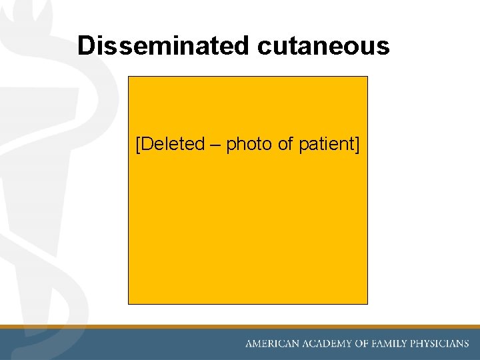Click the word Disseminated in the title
(164, 45)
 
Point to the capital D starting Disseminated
(85, 45)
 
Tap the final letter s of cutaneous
(384, 48)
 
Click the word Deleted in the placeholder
(173, 144)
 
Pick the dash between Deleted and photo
(215, 145)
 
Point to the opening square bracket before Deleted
(138, 145)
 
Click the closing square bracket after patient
(357, 145)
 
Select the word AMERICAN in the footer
(273, 344)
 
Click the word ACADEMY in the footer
(327, 344)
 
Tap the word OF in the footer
(363, 344)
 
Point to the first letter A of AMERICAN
(249, 344)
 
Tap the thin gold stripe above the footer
(240, 327)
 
